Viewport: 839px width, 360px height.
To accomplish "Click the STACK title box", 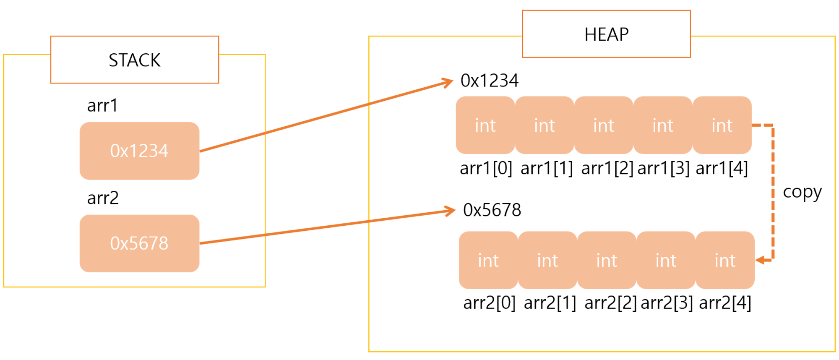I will (135, 60).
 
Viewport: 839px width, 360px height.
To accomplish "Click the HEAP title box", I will (606, 34).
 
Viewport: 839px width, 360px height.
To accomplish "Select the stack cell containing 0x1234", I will (139, 151).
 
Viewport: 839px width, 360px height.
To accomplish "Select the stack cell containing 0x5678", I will (139, 243).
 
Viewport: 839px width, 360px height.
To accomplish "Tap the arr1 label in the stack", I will (102, 105).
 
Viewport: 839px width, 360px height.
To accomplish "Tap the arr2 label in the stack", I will (103, 198).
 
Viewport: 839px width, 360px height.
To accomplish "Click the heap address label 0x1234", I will (489, 81).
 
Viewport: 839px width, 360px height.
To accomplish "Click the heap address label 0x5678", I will (492, 210).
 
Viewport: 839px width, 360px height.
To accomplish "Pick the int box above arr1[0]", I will (485, 125).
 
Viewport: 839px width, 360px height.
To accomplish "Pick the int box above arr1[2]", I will (604, 125).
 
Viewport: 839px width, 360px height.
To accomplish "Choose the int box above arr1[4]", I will (722, 125).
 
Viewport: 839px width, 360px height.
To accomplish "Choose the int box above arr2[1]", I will (547, 260).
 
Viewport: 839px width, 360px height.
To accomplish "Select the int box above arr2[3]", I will (666, 260).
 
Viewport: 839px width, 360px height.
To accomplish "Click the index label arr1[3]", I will (663, 168).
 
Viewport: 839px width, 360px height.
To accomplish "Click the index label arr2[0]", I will (489, 303).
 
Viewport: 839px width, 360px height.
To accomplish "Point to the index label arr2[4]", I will (725, 303).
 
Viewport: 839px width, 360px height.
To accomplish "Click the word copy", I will (802, 192).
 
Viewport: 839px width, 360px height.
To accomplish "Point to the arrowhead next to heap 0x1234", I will (449, 81).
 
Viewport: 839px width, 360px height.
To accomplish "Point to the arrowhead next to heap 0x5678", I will (451, 210).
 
